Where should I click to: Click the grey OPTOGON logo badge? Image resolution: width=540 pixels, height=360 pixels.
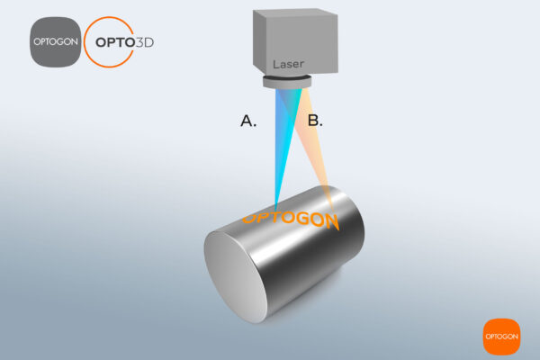tap(53, 41)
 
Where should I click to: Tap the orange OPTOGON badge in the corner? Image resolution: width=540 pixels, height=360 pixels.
tap(501, 337)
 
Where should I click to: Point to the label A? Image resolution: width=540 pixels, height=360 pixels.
tap(248, 120)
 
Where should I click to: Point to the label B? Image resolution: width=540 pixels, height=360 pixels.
tap(314, 120)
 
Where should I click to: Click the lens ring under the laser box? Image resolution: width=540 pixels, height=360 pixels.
tap(287, 83)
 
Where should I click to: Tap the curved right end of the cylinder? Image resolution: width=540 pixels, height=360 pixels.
tap(351, 225)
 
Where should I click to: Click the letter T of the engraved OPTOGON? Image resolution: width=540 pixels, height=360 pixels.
tap(280, 217)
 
